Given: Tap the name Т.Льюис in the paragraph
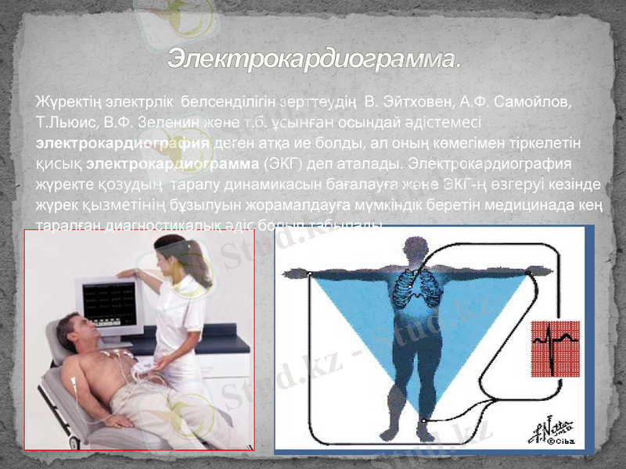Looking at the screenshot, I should pyautogui.click(x=60, y=123).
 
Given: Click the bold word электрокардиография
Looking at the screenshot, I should pyautogui.click(x=124, y=144).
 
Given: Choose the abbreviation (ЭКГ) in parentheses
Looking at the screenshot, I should pyautogui.click(x=285, y=165).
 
